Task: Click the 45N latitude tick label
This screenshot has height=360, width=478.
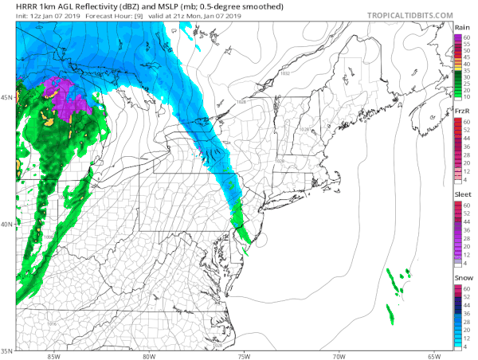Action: (6, 97)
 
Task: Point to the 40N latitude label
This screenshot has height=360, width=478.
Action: (6, 225)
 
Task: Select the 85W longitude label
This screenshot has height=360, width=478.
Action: (53, 356)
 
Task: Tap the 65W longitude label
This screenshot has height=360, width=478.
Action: (434, 356)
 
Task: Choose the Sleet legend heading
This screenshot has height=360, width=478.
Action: (464, 194)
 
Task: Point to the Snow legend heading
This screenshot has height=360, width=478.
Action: (464, 277)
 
